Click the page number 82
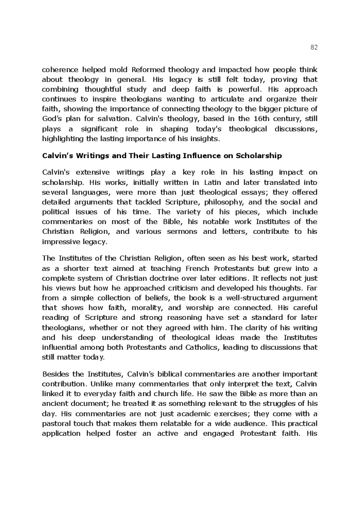314,47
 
